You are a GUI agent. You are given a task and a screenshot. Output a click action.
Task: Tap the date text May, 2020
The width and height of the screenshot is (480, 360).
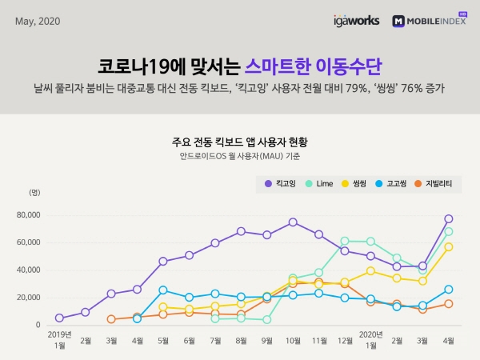click(x=38, y=21)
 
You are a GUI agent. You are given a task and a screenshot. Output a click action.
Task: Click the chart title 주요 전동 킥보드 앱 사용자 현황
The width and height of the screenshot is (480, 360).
click(x=240, y=142)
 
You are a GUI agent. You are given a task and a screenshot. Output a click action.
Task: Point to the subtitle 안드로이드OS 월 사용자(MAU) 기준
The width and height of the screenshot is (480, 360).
click(x=240, y=157)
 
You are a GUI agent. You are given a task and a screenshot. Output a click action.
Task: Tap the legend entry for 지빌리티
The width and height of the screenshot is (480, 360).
click(x=433, y=184)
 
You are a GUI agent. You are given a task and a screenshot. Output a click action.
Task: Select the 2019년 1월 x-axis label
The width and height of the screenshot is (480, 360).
click(x=59, y=339)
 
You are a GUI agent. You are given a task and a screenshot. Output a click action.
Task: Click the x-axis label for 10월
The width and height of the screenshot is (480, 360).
click(x=293, y=339)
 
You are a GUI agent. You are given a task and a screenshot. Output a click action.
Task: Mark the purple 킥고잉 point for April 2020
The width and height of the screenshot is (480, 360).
click(x=449, y=218)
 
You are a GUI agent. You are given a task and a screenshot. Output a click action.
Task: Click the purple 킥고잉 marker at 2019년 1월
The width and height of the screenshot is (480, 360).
click(x=59, y=318)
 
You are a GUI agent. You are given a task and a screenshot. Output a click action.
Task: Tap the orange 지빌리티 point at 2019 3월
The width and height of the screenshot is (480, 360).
click(x=111, y=319)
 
